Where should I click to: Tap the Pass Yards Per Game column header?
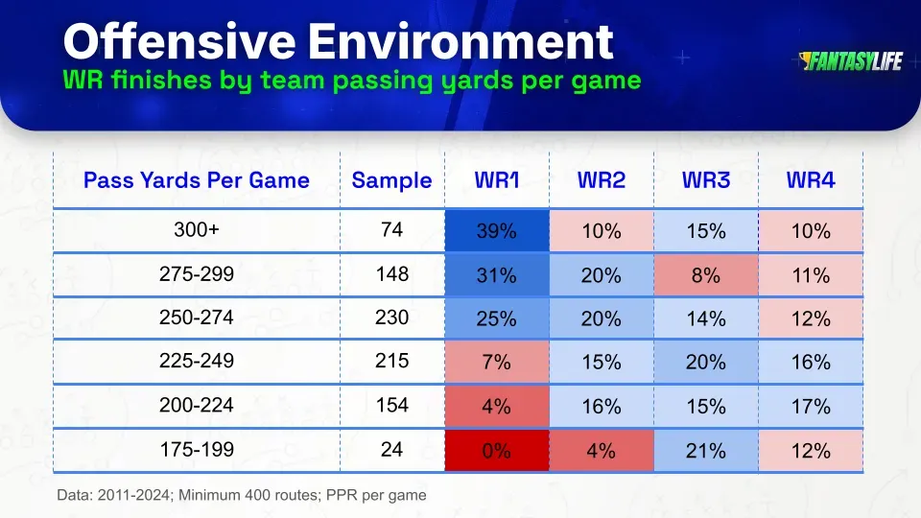point(197,180)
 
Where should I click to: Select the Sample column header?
point(391,180)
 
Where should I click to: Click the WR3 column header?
point(705,180)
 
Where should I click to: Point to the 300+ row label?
point(197,231)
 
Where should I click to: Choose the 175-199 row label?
point(197,450)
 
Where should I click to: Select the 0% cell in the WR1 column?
point(496,451)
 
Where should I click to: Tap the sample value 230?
point(391,318)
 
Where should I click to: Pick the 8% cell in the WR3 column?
point(705,276)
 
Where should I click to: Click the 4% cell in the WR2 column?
point(601,451)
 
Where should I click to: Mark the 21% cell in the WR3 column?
point(705,451)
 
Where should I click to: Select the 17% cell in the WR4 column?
point(811,407)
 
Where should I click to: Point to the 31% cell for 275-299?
point(496,276)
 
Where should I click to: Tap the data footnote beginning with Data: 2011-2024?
point(241,495)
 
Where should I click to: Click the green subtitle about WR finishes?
point(351,80)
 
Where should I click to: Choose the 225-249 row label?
point(197,363)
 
